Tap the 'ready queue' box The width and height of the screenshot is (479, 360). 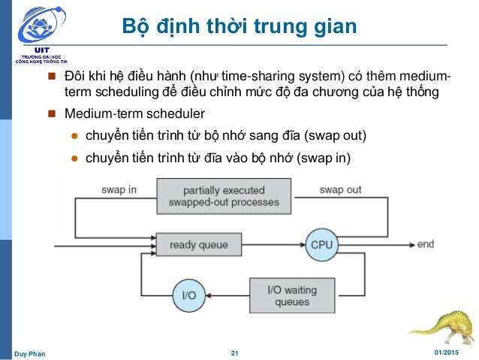198,244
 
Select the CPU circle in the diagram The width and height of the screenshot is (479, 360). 321,245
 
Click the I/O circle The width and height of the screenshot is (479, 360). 189,295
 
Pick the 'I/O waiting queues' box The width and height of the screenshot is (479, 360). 292,295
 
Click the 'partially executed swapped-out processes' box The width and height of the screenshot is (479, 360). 224,196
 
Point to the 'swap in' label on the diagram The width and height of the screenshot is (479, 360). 119,189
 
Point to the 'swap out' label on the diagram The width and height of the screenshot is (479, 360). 340,189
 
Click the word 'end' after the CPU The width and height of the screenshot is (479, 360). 426,244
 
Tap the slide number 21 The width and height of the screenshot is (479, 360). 234,352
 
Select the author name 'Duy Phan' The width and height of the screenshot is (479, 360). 30,352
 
